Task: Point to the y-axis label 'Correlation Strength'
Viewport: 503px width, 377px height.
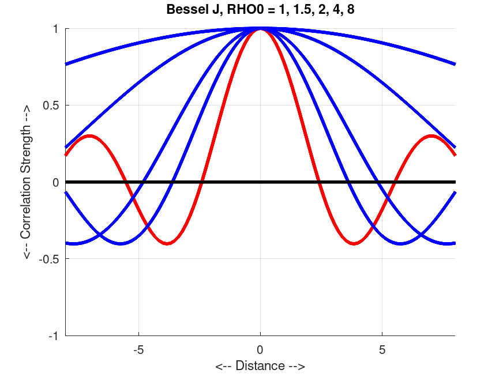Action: coord(27,182)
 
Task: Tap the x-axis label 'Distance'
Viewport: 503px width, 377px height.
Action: coord(260,366)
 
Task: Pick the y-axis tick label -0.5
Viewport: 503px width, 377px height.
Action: coord(51,259)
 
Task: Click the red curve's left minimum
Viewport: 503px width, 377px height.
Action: coord(167,243)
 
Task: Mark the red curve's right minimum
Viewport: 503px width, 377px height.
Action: coord(354,243)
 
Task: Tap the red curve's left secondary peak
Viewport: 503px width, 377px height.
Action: coord(89,136)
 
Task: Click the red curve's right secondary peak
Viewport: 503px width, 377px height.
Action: coord(431,136)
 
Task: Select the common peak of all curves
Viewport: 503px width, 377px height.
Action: coord(260,28)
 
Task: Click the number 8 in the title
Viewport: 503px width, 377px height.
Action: coord(351,10)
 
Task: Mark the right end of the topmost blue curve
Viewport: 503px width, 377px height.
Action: coord(455,63)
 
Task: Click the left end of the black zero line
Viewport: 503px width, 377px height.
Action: coord(66,182)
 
